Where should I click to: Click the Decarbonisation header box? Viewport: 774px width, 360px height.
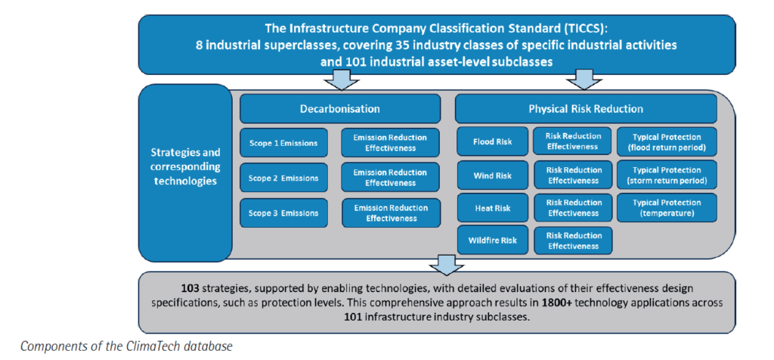[x=339, y=109]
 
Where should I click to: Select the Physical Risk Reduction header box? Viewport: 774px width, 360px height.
[x=586, y=109]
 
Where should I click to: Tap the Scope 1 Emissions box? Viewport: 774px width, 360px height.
[x=284, y=143]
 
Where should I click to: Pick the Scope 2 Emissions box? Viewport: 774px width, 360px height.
[x=284, y=178]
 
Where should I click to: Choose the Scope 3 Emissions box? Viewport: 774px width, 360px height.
[x=284, y=213]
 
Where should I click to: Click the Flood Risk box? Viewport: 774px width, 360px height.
[x=493, y=141]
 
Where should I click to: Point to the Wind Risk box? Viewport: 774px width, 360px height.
[x=493, y=175]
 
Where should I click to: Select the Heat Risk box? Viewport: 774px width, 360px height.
[x=493, y=208]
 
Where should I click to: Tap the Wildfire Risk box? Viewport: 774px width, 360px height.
[x=493, y=241]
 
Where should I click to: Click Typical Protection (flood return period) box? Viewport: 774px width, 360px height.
[x=667, y=141]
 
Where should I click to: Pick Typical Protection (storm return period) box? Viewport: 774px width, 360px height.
[x=667, y=175]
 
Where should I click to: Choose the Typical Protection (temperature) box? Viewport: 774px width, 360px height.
[x=667, y=208]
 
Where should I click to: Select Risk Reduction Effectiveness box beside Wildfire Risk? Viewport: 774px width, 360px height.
[x=573, y=241]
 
